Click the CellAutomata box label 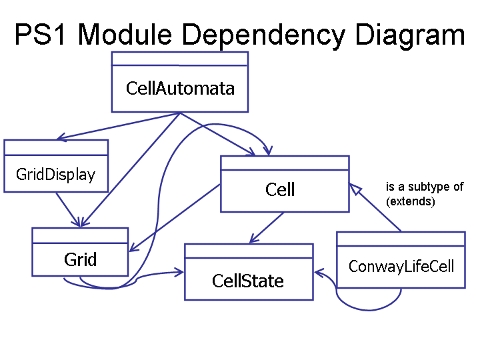coord(180,89)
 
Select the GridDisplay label coord(56,175)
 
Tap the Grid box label coord(80,259)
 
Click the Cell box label coord(280,189)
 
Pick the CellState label coord(248,281)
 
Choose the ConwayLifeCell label coord(401,267)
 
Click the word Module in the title coord(125,34)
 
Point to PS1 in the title coord(40,34)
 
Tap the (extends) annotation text coord(411,201)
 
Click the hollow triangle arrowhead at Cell coord(355,189)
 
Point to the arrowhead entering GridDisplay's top coord(62,137)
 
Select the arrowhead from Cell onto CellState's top coord(254,239)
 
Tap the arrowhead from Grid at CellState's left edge coord(179,272)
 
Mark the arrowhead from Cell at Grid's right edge coord(134,247)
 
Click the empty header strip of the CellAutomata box coord(180,59)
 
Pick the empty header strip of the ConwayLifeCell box coord(401,239)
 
